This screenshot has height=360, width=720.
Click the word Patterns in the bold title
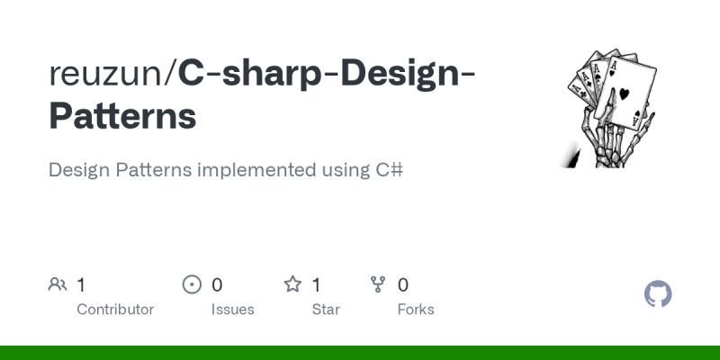[x=122, y=116]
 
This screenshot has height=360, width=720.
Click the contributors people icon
[x=58, y=285]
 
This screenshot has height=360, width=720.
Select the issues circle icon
[x=192, y=285]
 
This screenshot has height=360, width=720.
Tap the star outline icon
[x=292, y=285]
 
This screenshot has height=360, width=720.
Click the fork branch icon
[x=379, y=285]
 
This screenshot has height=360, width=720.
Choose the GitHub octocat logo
[x=659, y=294]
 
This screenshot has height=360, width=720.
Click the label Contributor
[x=115, y=310]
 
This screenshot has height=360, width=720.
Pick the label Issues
[x=233, y=310]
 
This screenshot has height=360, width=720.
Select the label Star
[x=325, y=310]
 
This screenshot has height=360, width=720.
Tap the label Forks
[x=416, y=310]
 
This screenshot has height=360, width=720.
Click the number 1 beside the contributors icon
[x=81, y=285]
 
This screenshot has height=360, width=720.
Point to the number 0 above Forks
[x=403, y=285]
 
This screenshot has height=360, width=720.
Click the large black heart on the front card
[x=624, y=93]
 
